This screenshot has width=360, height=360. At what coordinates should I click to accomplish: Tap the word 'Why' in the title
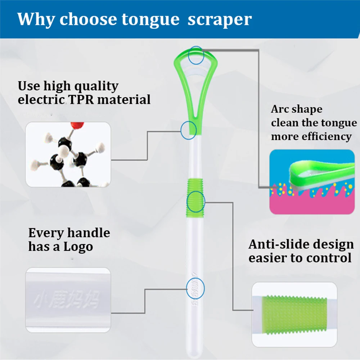tap(35, 19)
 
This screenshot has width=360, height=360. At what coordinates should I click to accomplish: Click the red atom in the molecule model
tap(77, 126)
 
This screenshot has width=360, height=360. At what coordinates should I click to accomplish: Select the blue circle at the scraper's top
tap(197, 55)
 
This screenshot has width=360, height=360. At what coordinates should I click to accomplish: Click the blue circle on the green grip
tap(196, 201)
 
